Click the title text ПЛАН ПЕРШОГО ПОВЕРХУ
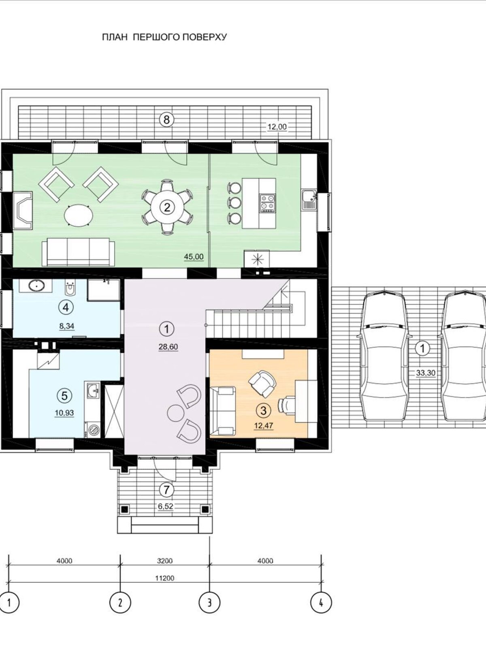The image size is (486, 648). [164, 37]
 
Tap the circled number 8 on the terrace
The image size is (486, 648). [166, 119]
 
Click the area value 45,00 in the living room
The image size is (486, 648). [194, 256]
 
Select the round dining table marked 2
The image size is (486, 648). [166, 207]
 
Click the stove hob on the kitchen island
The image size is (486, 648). [267, 202]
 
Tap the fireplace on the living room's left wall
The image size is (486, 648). [23, 210]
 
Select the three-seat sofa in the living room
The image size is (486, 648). [79, 252]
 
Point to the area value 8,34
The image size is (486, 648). [67, 326]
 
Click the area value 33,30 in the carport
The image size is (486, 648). [425, 373]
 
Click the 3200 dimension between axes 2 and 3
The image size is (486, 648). [165, 561]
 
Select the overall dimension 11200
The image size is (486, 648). [165, 578]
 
